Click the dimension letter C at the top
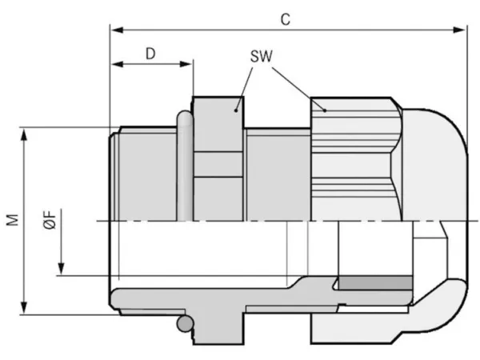[x=286, y=20]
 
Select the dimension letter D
[x=150, y=54]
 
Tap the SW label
[x=261, y=56]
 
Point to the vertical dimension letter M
[x=13, y=220]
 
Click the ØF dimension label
[x=50, y=219]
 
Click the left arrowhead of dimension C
[x=117, y=30]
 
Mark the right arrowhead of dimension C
[x=459, y=30]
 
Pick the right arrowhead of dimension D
[x=186, y=64]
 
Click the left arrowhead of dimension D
[x=117, y=64]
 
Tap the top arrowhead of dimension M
[x=24, y=134]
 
